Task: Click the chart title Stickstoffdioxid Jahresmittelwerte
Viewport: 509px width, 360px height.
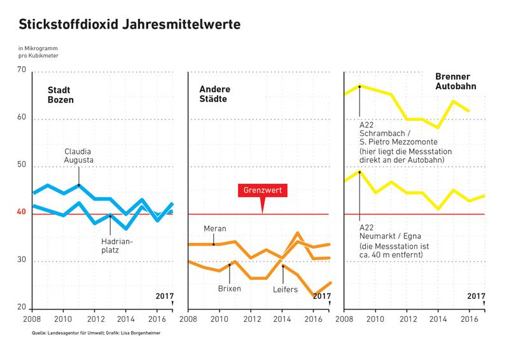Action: pos(130,25)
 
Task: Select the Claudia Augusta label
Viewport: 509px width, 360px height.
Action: pos(79,156)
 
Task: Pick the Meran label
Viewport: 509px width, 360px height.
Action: pos(214,228)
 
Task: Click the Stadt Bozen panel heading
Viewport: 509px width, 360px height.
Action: pos(60,95)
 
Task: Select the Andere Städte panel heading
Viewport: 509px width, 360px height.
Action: pos(211,95)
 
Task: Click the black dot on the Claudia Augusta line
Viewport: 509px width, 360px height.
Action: pos(79,185)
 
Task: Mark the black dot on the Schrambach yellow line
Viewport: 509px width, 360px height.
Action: pos(359,87)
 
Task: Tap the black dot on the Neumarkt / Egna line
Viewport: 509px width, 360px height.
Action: pos(359,172)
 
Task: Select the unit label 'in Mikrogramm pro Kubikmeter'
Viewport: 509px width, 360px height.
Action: pos(38,53)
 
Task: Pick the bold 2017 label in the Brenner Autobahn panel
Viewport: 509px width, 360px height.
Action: pos(477,296)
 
